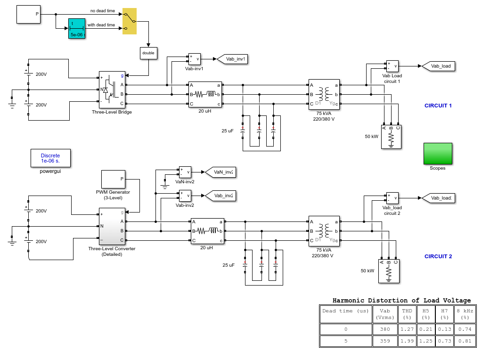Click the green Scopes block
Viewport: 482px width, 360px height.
(438, 154)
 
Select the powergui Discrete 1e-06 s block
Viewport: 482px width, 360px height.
(50, 158)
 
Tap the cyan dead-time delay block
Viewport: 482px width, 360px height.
(76, 29)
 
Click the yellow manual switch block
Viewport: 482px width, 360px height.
(130, 21)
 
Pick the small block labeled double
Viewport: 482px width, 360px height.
(148, 53)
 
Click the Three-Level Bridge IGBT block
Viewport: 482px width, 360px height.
(112, 90)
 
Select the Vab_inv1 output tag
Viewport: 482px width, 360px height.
(232, 59)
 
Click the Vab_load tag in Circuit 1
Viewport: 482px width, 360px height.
(438, 66)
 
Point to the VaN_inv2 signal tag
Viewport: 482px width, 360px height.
(220, 172)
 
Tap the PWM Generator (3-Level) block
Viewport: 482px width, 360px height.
(113, 180)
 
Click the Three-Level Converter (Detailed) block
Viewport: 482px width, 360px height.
(112, 227)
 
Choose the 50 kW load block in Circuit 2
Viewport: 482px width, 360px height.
(389, 271)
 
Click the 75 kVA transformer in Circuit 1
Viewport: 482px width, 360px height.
(324, 94)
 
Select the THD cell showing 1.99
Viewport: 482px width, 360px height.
(407, 341)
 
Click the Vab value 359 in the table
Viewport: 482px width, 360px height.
(385, 341)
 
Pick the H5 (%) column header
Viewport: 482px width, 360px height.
(426, 314)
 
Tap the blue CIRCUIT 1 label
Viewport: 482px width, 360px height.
(438, 106)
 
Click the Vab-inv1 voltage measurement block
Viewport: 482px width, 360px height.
(194, 59)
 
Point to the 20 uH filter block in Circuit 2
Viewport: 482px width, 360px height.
(207, 231)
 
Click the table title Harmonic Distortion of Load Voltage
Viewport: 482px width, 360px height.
(401, 300)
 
